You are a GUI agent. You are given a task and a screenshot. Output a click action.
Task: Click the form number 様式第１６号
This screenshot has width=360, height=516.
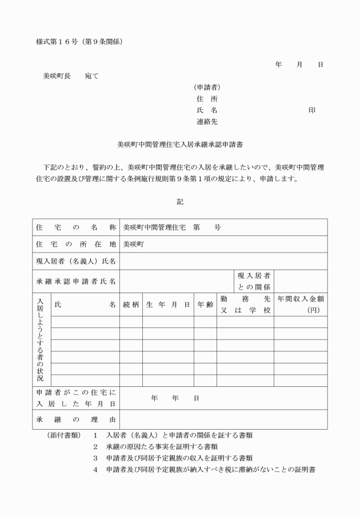click(x=57, y=42)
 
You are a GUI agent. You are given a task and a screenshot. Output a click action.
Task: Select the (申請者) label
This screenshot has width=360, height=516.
click(x=207, y=87)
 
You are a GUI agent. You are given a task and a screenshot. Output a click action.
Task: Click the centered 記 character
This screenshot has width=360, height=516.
click(x=180, y=201)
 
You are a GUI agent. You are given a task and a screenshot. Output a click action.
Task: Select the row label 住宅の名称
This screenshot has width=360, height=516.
click(x=76, y=227)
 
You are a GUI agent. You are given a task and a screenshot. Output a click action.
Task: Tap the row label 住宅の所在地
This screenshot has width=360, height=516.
click(x=76, y=244)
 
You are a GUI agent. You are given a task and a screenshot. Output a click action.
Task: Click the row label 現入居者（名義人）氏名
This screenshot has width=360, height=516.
click(x=76, y=261)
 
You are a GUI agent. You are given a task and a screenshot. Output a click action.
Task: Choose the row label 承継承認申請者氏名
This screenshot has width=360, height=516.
click(x=76, y=281)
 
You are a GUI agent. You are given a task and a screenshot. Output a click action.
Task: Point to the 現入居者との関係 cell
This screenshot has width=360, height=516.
click(x=254, y=281)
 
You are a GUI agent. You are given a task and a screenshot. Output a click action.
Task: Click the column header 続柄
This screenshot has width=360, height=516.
click(x=131, y=305)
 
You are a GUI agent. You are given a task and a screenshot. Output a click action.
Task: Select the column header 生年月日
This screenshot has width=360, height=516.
click(x=168, y=305)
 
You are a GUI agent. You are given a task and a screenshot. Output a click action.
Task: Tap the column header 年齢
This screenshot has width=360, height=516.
click(x=205, y=305)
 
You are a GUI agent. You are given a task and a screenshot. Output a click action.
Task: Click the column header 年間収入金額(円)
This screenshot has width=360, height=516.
click(x=301, y=305)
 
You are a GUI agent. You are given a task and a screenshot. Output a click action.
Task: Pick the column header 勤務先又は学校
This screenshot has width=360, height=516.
click(x=245, y=305)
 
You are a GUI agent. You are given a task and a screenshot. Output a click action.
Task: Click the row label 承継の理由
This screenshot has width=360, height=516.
click(x=76, y=419)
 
